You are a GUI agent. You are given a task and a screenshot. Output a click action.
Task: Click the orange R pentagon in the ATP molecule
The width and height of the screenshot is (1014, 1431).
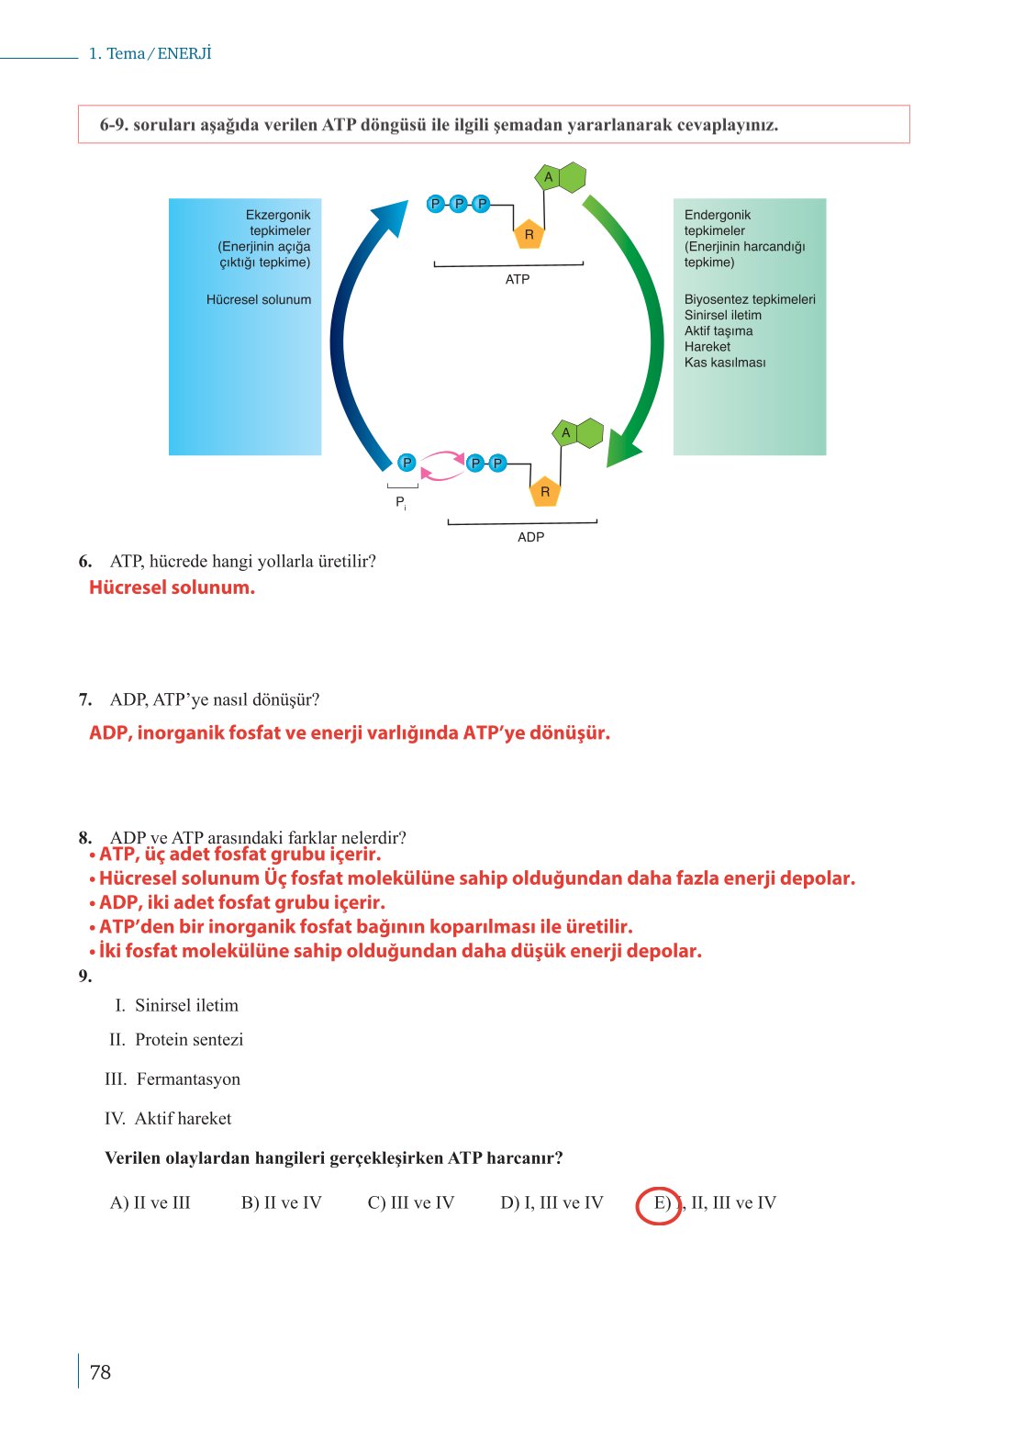point(529,234)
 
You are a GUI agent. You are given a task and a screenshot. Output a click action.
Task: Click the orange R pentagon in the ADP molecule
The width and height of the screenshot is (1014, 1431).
point(545,492)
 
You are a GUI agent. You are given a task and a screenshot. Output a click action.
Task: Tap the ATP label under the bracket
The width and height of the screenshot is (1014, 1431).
point(518,279)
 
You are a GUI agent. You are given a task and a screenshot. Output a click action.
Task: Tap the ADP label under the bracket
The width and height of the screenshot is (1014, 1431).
point(530,537)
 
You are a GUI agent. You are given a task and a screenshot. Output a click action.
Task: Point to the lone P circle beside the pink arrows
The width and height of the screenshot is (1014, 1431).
point(407,463)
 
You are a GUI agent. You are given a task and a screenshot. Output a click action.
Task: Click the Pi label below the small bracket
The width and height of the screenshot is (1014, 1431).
point(400,503)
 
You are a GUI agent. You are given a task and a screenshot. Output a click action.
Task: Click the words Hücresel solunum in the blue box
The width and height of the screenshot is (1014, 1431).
point(259,299)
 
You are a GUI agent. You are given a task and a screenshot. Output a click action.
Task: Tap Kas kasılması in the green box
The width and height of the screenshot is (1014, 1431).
point(725,363)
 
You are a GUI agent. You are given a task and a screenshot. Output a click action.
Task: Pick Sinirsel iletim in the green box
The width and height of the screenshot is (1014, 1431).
point(723,315)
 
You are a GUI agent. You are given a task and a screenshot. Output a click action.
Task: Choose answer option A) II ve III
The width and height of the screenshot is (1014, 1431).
point(150,1203)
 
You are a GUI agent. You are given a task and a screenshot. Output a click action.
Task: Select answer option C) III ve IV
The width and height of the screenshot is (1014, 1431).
point(411,1203)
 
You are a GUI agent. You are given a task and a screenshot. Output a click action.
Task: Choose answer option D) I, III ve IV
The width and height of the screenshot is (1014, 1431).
point(552,1203)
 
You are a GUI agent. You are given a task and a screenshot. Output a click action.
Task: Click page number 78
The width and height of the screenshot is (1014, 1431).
point(100,1372)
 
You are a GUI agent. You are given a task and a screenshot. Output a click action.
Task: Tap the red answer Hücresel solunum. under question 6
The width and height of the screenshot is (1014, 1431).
point(173,587)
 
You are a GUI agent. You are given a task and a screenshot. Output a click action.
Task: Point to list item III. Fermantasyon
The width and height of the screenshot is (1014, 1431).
point(173,1079)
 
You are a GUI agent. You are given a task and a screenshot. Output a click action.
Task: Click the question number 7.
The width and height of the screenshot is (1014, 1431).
point(85,699)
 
